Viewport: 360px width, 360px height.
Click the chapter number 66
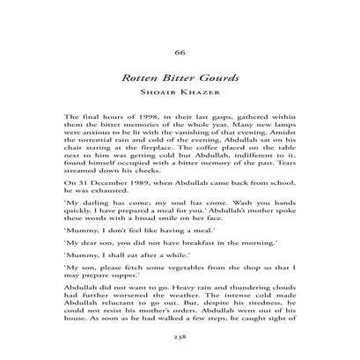[x=180, y=50]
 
